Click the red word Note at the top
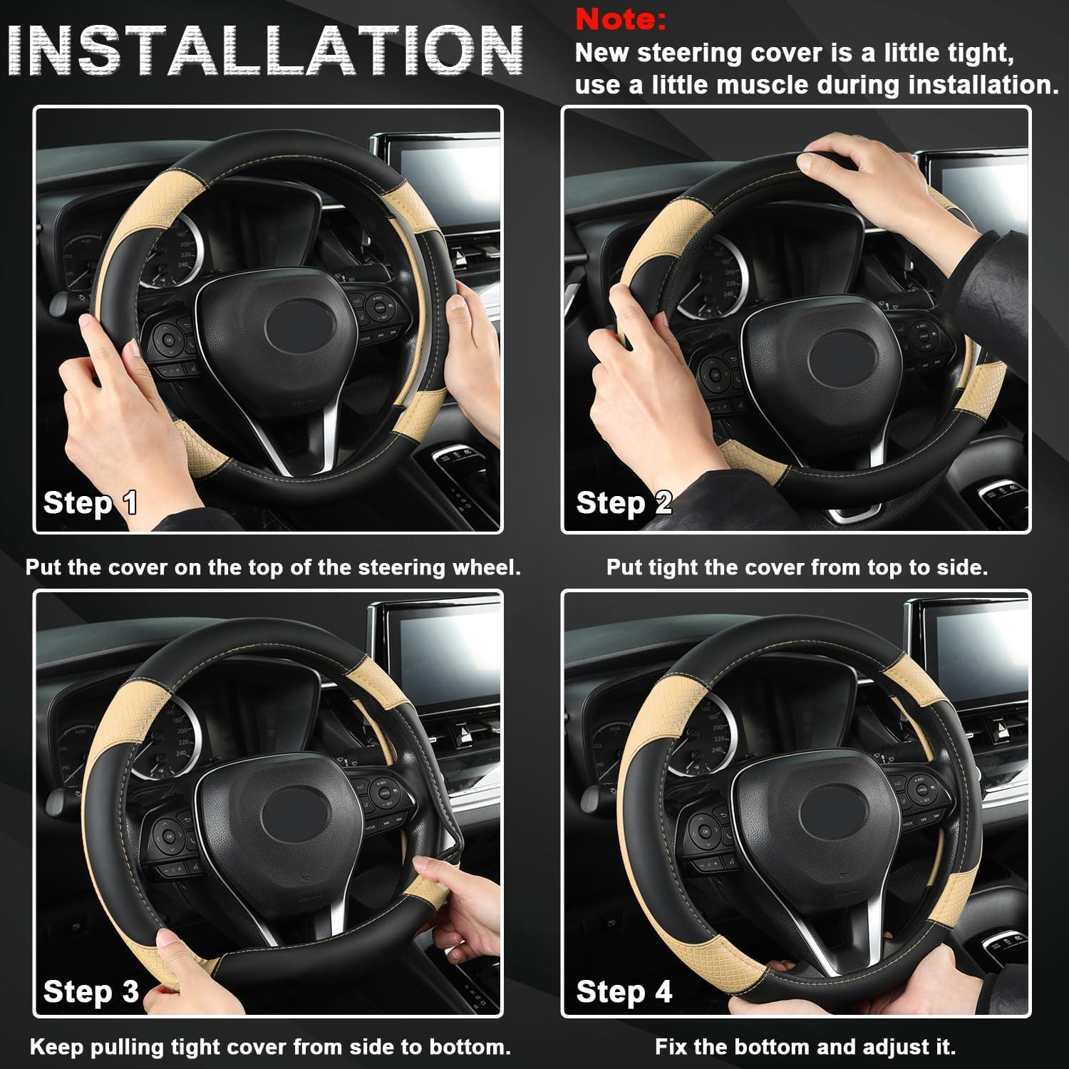620,19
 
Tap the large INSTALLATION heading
265,51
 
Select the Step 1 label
90,502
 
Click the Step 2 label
624,502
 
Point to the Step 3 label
91,991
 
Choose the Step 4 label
624,991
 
